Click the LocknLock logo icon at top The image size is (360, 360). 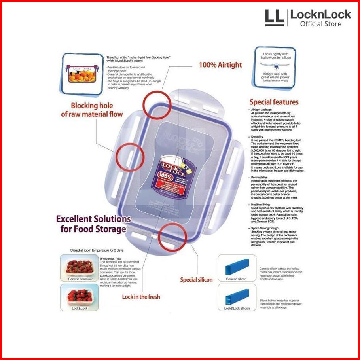click(275, 18)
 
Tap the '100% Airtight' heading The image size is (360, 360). click(220, 65)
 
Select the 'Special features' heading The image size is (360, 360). click(274, 102)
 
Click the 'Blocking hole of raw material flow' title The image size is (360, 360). click(91, 110)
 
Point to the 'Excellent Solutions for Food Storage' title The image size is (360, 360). click(93, 224)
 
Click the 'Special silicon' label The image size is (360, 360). click(196, 280)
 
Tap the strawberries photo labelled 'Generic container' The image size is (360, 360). click(80, 267)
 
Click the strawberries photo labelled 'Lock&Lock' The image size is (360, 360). click(80, 296)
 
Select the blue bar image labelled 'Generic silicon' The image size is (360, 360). click(237, 267)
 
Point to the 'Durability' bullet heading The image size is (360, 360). click(257, 137)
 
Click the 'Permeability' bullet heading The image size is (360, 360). click(260, 178)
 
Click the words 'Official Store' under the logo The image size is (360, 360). click(320, 24)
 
